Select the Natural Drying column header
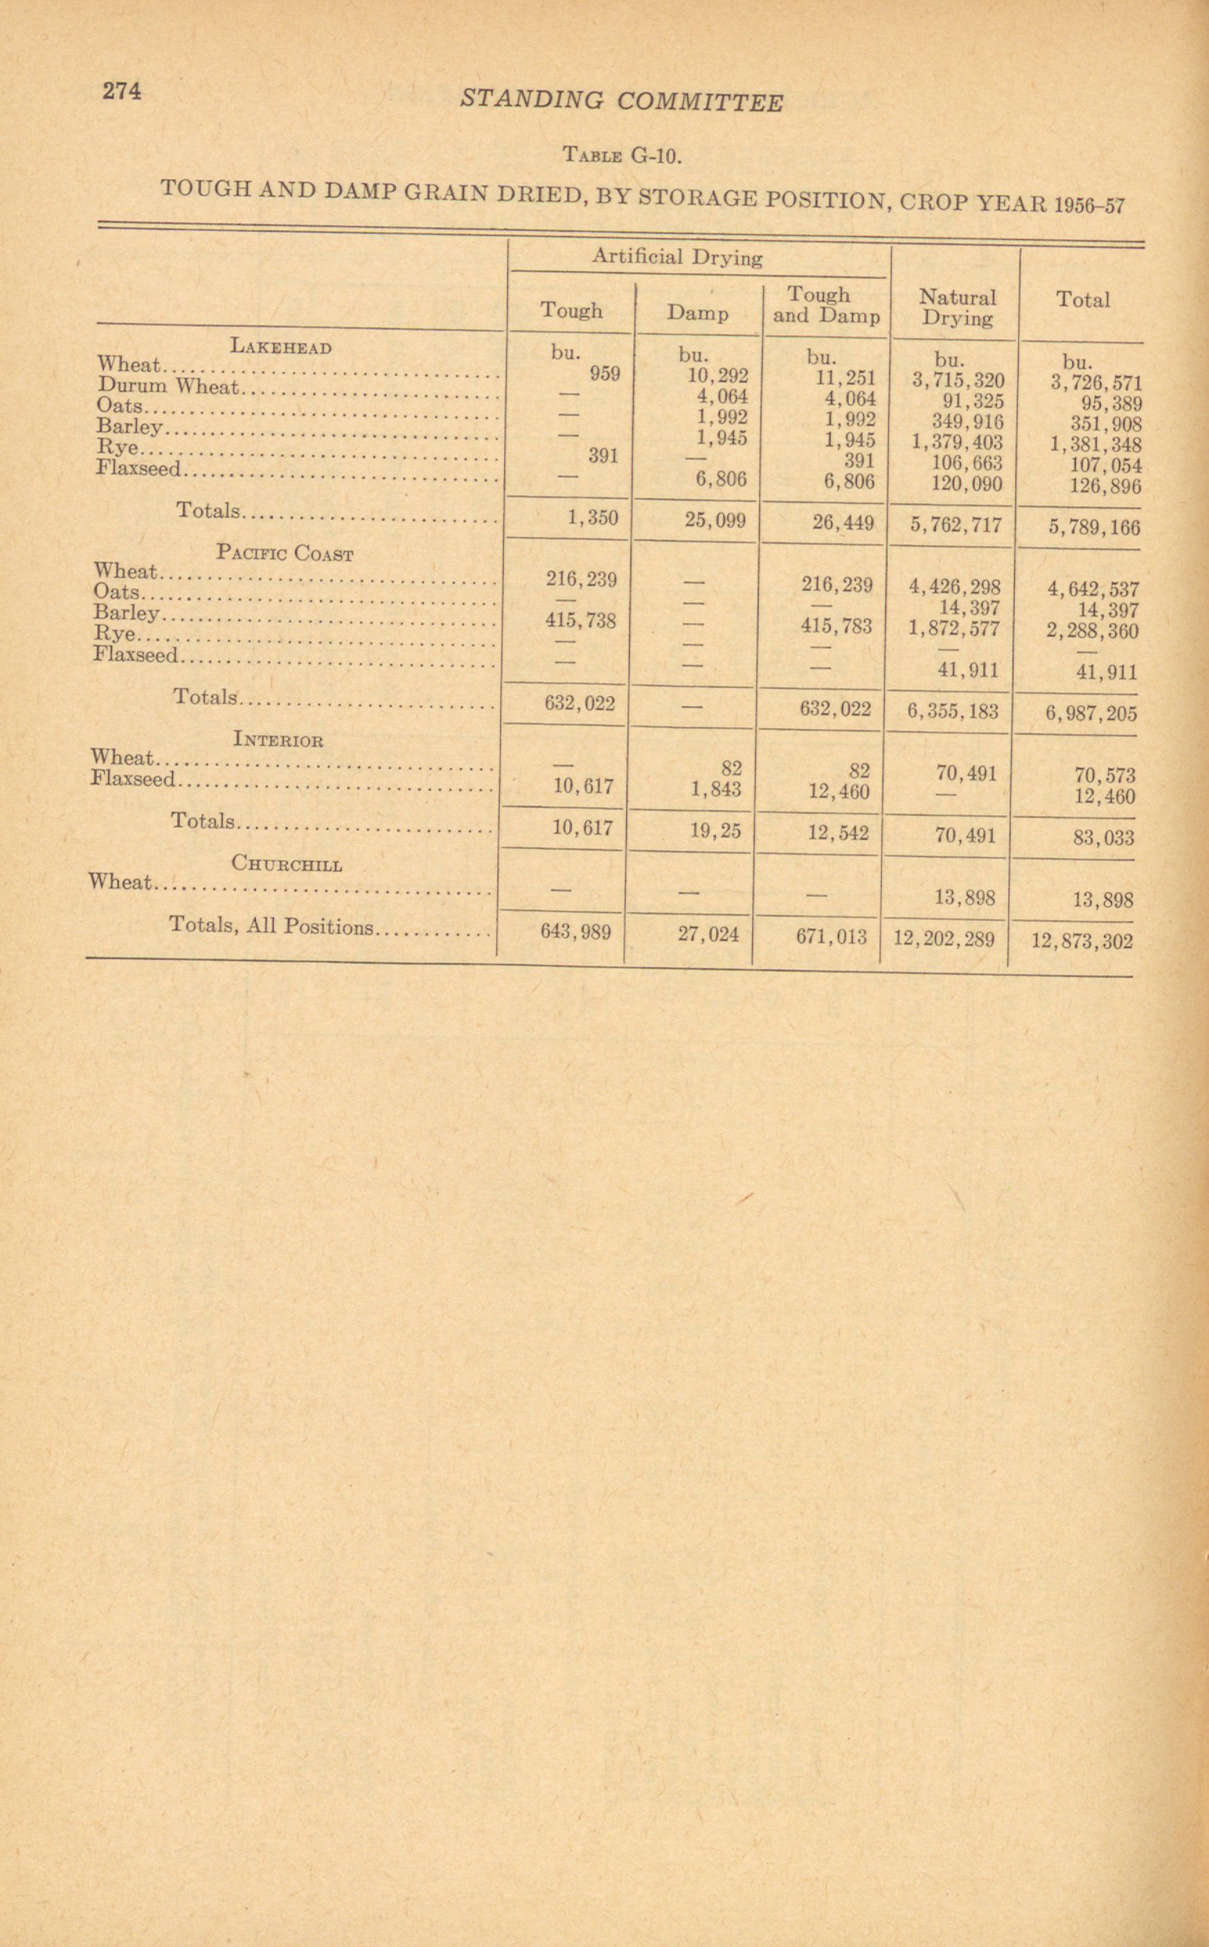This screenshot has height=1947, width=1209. pyautogui.click(x=956, y=308)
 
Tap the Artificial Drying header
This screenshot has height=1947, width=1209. pyautogui.click(x=677, y=257)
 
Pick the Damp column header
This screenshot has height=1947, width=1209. pyautogui.click(x=698, y=314)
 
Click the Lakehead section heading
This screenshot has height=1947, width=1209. pyautogui.click(x=280, y=346)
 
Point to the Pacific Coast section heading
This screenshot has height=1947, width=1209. pyautogui.click(x=284, y=553)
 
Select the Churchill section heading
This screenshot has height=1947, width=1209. pyautogui.click(x=286, y=864)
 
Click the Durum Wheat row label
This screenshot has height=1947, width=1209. pyautogui.click(x=169, y=386)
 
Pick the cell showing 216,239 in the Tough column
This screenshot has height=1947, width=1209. pyautogui.click(x=582, y=579)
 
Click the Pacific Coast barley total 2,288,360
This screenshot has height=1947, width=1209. pyautogui.click(x=1092, y=632)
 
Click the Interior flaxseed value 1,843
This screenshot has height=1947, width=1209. pyautogui.click(x=716, y=790)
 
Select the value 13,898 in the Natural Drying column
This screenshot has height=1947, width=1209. pyautogui.click(x=965, y=898)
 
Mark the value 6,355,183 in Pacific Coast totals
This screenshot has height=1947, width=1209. pyautogui.click(x=952, y=711)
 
